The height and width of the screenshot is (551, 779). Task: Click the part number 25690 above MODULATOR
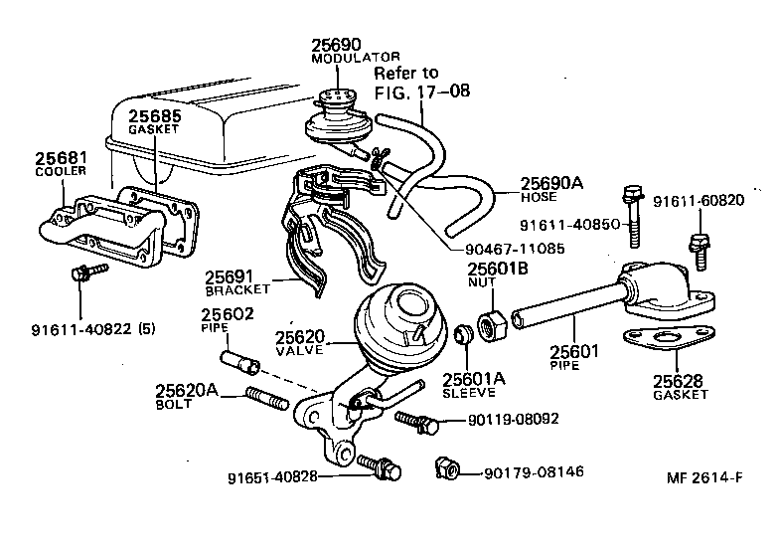pyautogui.click(x=336, y=45)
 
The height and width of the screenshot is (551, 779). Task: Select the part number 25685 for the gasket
pyautogui.click(x=155, y=115)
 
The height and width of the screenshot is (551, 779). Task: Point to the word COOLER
pyautogui.click(x=61, y=171)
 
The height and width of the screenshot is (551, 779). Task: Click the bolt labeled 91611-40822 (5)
pyautogui.click(x=89, y=272)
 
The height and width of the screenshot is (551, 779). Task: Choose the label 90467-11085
pyautogui.click(x=515, y=249)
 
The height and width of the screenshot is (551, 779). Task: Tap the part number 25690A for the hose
pyautogui.click(x=551, y=183)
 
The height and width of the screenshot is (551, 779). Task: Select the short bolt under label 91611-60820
pyautogui.click(x=700, y=252)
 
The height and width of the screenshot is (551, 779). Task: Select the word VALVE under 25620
pyautogui.click(x=299, y=350)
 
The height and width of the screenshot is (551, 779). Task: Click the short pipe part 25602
pyautogui.click(x=240, y=362)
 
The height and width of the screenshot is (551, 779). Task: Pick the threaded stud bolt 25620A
pyautogui.click(x=267, y=398)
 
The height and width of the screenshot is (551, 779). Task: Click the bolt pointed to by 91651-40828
pyautogui.click(x=380, y=466)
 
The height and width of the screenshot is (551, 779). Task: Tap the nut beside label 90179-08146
pyautogui.click(x=447, y=468)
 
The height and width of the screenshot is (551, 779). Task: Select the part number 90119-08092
pyautogui.click(x=513, y=419)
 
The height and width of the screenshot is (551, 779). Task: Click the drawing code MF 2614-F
pyautogui.click(x=704, y=477)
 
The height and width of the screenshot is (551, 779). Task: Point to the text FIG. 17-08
pyautogui.click(x=421, y=92)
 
